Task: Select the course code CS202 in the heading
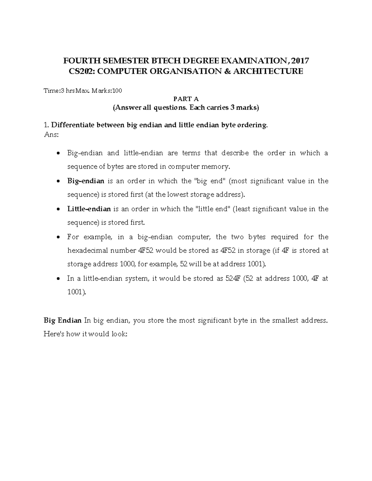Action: (79, 71)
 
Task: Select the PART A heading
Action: (186, 99)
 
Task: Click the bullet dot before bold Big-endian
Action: (59, 181)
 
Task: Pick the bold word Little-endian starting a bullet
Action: (89, 209)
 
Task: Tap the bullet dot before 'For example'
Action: (59, 237)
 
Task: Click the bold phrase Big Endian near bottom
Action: (62, 320)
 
